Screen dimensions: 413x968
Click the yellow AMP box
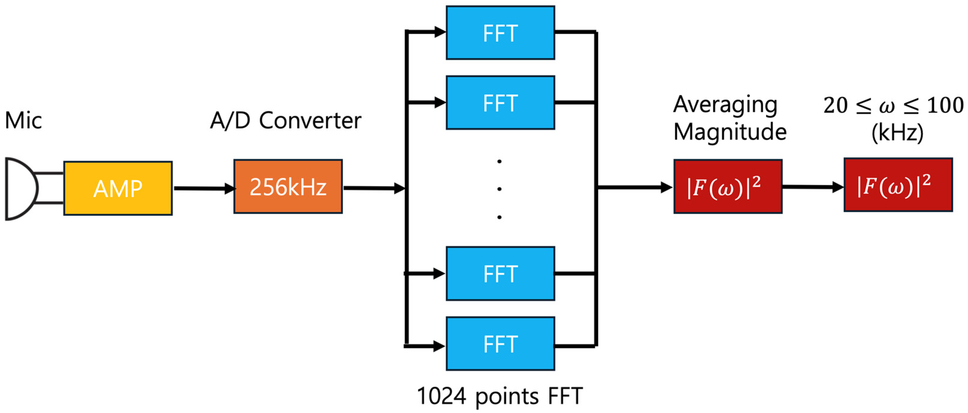(x=118, y=188)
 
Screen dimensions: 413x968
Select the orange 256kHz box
(x=288, y=187)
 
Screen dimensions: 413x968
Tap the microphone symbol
(x=21, y=189)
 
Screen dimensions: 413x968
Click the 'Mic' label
(x=23, y=121)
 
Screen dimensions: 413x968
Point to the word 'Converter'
(x=310, y=121)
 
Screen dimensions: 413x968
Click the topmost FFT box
(x=500, y=33)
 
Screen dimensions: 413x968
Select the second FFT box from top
(x=500, y=102)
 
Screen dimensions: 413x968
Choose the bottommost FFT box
(x=500, y=344)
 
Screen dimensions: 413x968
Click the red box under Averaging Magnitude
(x=728, y=187)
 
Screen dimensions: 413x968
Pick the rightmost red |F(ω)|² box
(x=898, y=185)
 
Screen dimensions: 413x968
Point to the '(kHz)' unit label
(x=897, y=133)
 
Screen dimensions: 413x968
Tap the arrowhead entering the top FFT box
(x=440, y=32)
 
